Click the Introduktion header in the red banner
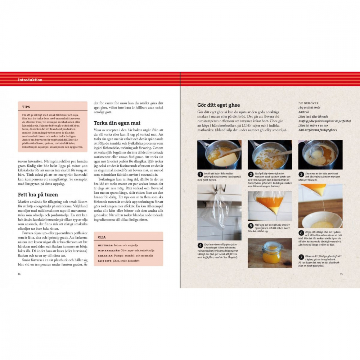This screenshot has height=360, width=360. pyautogui.click(x=30, y=80)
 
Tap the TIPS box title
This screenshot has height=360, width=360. pyautogui.click(x=26, y=107)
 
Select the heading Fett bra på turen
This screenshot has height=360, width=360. pyautogui.click(x=39, y=195)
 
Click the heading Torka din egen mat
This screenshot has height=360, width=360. pyautogui.click(x=117, y=123)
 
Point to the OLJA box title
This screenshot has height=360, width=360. pyautogui.click(x=102, y=237)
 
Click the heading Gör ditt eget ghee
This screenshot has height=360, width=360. pyautogui.click(x=219, y=105)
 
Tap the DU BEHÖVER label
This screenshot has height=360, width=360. pyautogui.click(x=309, y=103)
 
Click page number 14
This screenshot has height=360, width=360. pyautogui.click(x=19, y=274)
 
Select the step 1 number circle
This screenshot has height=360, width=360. pyautogui.click(x=200, y=175)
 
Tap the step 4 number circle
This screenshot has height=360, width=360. pyautogui.click(x=200, y=246)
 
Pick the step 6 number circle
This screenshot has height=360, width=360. pyautogui.click(x=301, y=233)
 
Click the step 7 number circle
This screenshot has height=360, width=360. pyautogui.click(x=301, y=257)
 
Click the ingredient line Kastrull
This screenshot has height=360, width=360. pyautogui.click(x=304, y=112)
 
